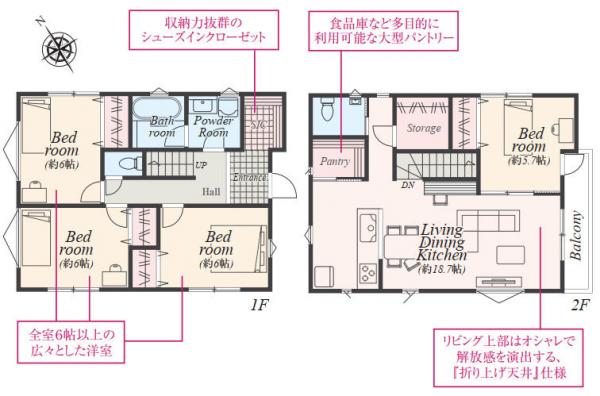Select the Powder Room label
212,126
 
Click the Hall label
211,191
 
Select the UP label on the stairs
201,165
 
